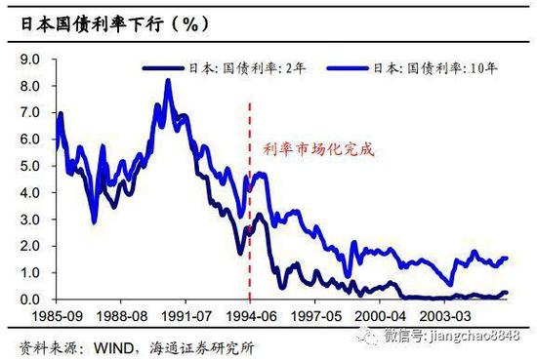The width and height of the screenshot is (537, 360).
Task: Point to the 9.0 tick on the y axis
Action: (x=28, y=60)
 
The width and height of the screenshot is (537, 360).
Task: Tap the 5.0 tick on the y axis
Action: (x=28, y=167)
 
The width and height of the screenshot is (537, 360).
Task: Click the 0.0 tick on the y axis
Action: (x=28, y=300)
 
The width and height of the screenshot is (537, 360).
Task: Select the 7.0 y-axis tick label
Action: (x=28, y=113)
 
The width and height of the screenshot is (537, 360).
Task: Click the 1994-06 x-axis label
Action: (x=251, y=317)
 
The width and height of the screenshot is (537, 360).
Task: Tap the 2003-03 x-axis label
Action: (x=445, y=317)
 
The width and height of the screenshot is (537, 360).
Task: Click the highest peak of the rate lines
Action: (x=168, y=80)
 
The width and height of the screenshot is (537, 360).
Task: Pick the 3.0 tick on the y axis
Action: (x=28, y=220)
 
